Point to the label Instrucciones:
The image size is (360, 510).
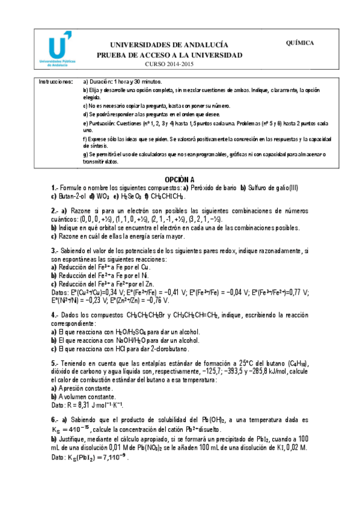[x=56, y=81]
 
